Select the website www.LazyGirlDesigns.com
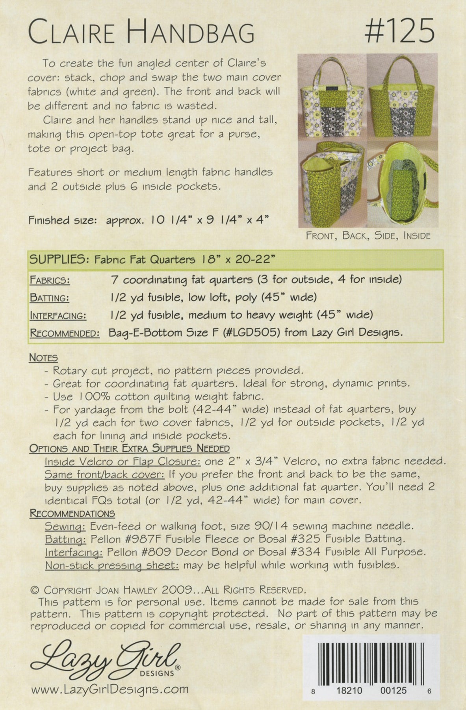click(110, 689)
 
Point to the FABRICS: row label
click(50, 280)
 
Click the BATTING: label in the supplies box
click(49, 298)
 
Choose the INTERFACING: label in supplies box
click(58, 316)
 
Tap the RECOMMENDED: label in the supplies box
click(65, 333)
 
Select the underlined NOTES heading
click(43, 358)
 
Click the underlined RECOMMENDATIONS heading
click(72, 514)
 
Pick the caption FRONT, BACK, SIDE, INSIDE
click(368, 236)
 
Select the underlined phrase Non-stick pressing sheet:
click(112, 565)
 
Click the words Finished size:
click(62, 220)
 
